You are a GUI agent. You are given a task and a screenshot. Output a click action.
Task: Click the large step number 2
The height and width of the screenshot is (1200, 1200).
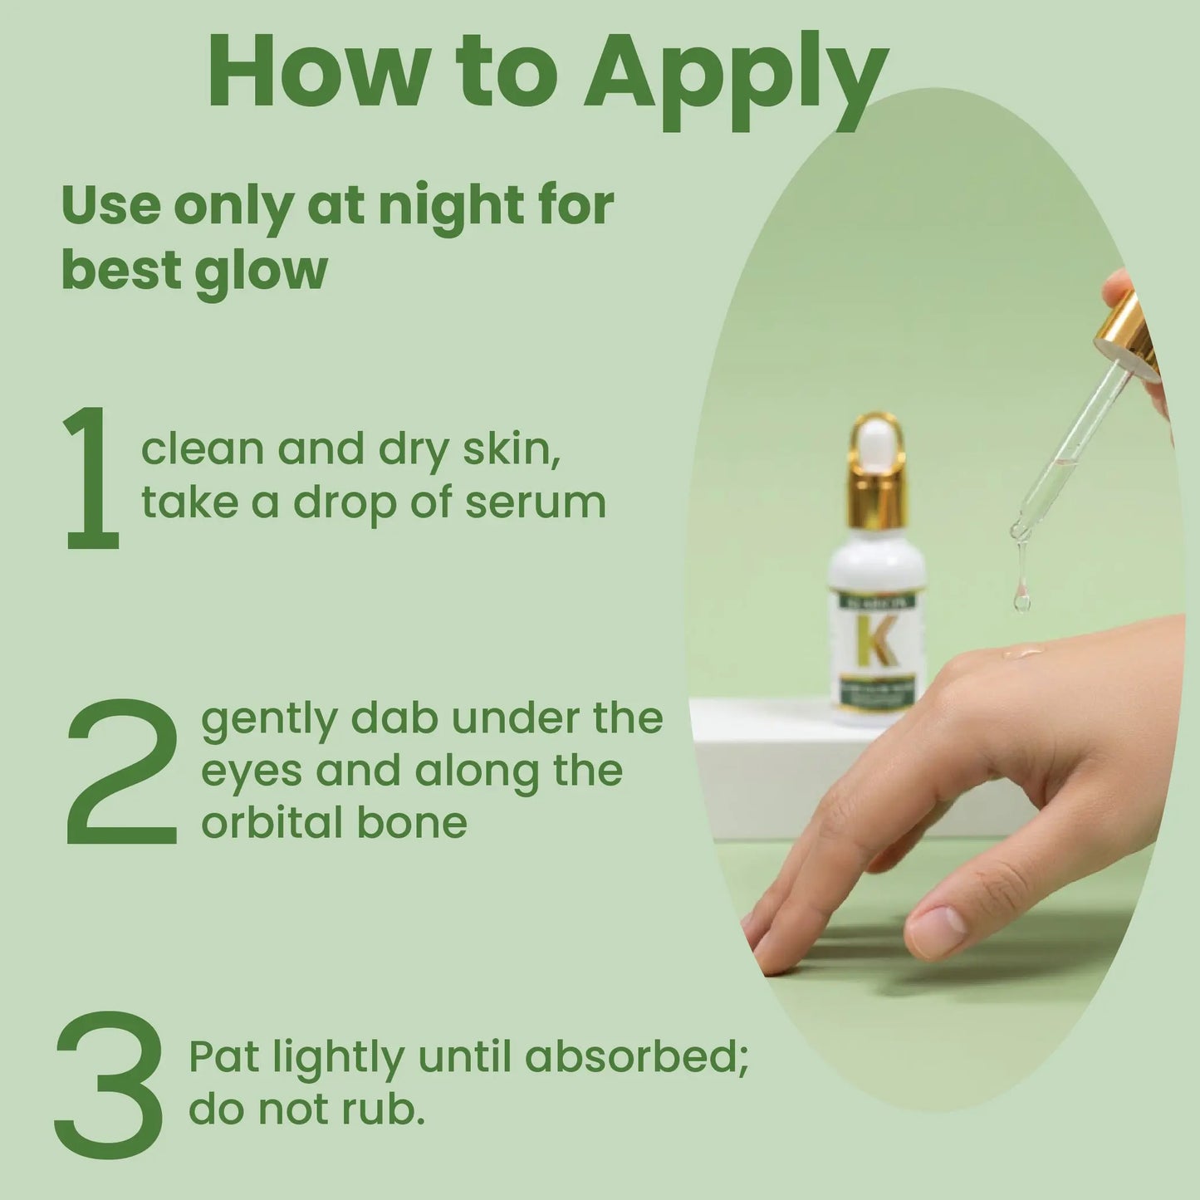pyautogui.click(x=122, y=771)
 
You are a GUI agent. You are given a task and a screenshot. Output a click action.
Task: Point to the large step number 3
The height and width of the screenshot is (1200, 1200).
pyautogui.click(x=109, y=1085)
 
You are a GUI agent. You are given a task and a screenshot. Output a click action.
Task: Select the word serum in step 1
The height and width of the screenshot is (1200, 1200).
pyautogui.click(x=535, y=504)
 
